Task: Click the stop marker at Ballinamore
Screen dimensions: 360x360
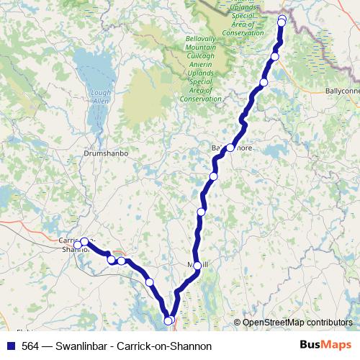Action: (x=230, y=148)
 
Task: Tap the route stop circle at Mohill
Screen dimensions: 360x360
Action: (x=198, y=266)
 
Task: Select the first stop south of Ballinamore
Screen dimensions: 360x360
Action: (x=213, y=176)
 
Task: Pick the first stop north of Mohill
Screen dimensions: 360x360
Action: (x=202, y=212)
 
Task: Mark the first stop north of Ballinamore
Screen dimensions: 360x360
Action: (x=264, y=83)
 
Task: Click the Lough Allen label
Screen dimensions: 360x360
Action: (x=100, y=96)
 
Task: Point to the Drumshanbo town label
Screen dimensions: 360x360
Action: (x=106, y=153)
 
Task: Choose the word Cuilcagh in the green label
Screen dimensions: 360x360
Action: (x=199, y=73)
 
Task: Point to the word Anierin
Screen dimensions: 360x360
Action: (x=199, y=81)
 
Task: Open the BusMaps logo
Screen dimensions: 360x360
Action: (x=325, y=346)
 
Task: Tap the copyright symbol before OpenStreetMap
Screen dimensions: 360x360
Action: (x=237, y=323)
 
